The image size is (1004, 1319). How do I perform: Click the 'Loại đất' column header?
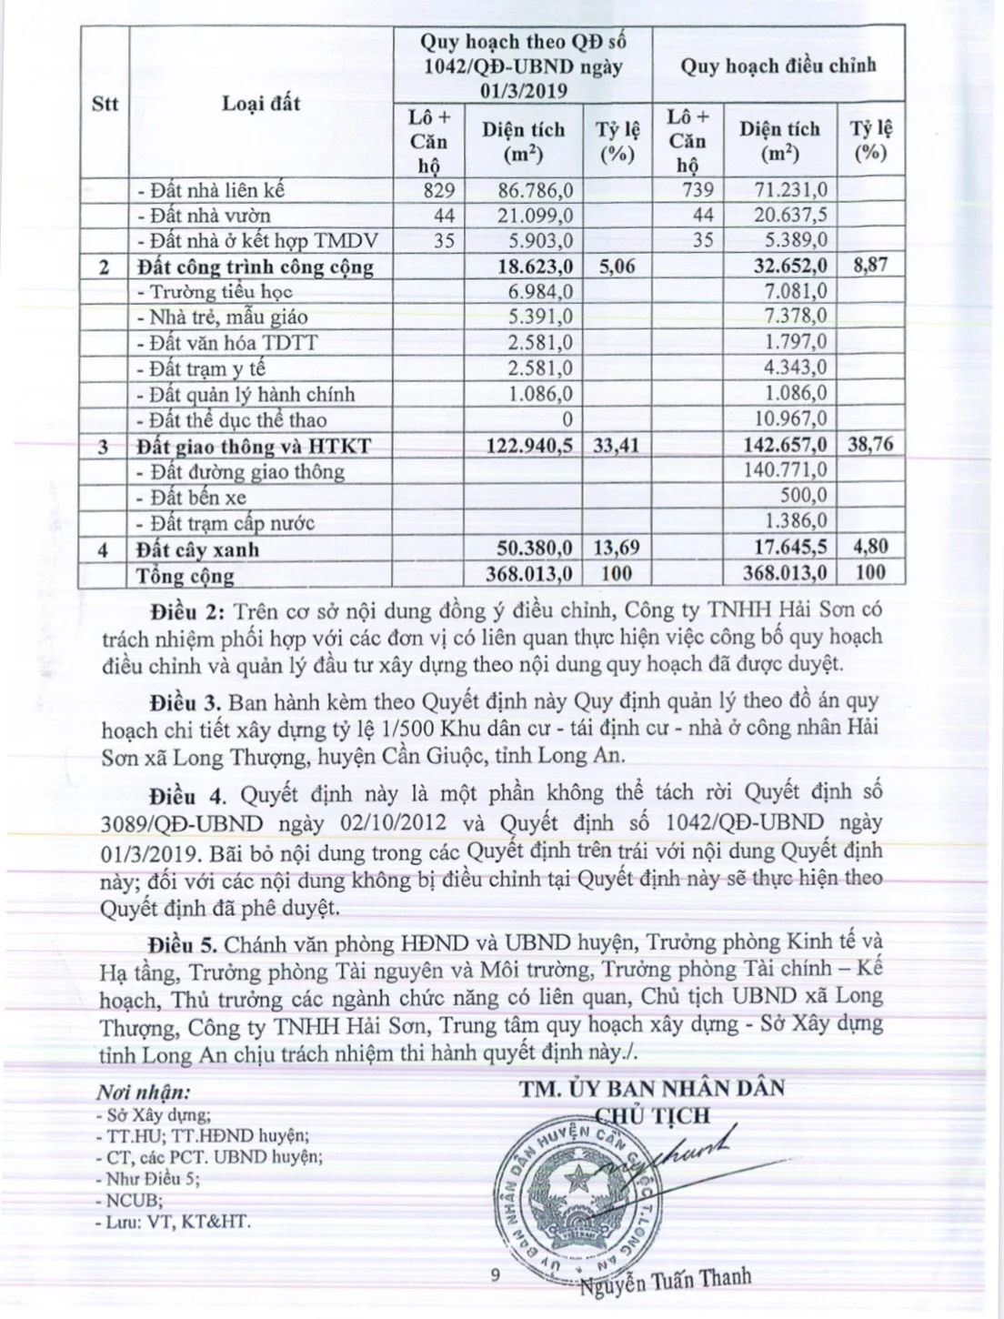(261, 104)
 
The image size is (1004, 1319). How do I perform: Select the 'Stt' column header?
(105, 104)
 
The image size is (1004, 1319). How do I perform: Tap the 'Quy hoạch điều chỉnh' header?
(778, 65)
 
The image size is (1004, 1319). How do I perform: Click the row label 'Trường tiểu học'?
(215, 292)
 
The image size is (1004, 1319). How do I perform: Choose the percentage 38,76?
(869, 445)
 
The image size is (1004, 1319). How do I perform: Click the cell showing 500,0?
(804, 497)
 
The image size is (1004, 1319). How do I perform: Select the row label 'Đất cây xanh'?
(197, 549)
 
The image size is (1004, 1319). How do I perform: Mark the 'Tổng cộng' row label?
(185, 575)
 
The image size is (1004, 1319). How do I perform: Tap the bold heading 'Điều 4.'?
(188, 794)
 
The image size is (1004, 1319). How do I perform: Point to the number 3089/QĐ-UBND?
(183, 823)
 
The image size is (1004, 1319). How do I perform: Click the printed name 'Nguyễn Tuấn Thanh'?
(666, 1278)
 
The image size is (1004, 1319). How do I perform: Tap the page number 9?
(495, 1275)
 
